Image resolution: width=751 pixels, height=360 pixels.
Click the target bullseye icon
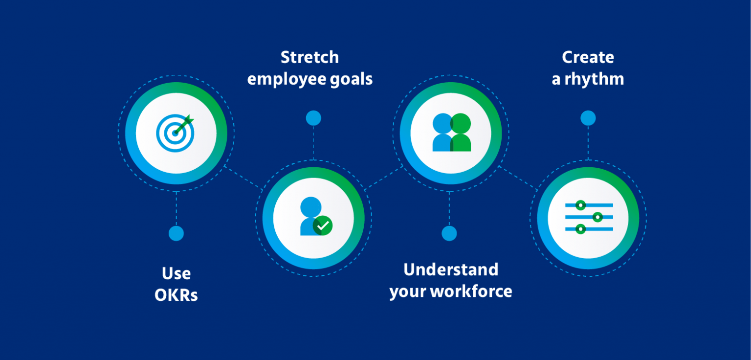[174, 134]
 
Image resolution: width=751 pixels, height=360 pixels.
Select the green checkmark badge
[323, 225]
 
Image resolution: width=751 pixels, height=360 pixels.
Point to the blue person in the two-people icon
[442, 133]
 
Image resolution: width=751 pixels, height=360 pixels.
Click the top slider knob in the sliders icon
[580, 205]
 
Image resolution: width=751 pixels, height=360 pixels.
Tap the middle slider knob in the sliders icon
[597, 217]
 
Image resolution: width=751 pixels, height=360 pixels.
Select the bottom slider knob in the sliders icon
[580, 228]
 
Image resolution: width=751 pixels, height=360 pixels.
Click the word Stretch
[309, 57]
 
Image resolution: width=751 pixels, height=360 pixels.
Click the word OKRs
[176, 295]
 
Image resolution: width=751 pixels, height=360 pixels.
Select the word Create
[588, 57]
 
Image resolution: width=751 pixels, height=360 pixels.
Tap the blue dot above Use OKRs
[176, 233]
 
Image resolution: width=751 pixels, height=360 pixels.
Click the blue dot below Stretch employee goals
[313, 118]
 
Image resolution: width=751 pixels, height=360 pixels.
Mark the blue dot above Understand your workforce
[449, 233]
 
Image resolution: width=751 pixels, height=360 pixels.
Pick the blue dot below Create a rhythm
[588, 118]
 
